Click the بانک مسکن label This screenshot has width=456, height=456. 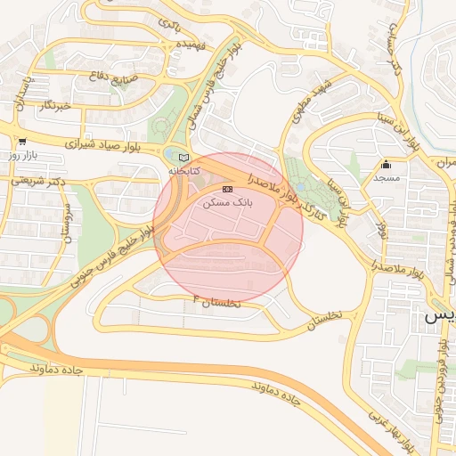[x=228, y=203]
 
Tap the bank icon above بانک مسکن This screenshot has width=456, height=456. [x=227, y=190]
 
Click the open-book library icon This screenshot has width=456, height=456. [x=184, y=157]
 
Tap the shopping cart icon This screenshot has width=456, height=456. [x=21, y=141]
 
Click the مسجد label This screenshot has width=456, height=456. [x=385, y=178]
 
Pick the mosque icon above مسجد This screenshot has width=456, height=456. [x=385, y=165]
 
